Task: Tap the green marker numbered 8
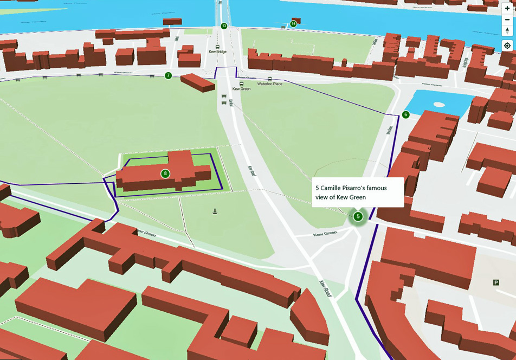[x=165, y=173]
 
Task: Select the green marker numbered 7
[x=168, y=75]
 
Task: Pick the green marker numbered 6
[x=405, y=114]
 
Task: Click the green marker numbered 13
[x=224, y=26]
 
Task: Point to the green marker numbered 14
[x=293, y=24]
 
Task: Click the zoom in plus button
[x=507, y=8]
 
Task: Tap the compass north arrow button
[x=507, y=30]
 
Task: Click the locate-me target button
[x=507, y=46]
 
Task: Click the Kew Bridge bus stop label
[x=218, y=52]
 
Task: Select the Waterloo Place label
[x=269, y=84]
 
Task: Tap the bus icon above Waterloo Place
[x=269, y=78]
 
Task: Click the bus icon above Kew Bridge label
[x=218, y=46]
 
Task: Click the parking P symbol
[x=495, y=282]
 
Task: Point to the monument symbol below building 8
[x=215, y=211]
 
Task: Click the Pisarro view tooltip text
[x=357, y=192]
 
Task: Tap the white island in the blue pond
[x=438, y=104]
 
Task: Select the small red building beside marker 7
[x=198, y=82]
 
